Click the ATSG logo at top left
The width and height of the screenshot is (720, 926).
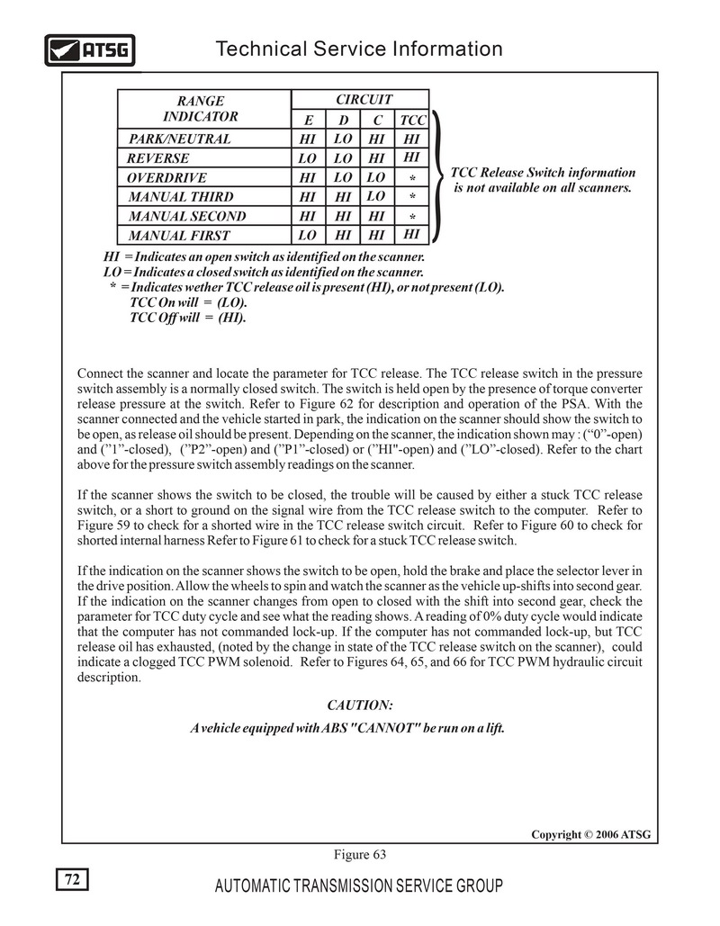[x=89, y=50]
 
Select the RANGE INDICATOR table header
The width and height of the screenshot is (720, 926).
[x=200, y=108]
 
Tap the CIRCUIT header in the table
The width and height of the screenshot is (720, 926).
[x=363, y=99]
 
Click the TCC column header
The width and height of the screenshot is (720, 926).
[x=412, y=120]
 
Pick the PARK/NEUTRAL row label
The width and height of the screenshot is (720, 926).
[x=179, y=139]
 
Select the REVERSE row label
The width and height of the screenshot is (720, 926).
[x=158, y=158]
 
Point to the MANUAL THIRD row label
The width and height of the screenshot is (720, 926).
[x=181, y=197]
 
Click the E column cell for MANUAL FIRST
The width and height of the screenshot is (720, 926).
[x=308, y=236]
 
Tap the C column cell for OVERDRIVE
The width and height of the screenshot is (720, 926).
[x=377, y=177]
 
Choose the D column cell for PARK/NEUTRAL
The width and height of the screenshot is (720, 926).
[x=342, y=139]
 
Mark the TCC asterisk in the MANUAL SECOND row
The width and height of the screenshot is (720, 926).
[x=412, y=217]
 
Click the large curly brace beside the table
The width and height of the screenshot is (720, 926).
[x=438, y=177]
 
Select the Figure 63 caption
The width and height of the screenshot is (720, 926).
[x=359, y=854]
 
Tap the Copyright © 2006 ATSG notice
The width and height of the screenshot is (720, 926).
[x=589, y=834]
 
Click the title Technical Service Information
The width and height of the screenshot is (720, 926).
[x=359, y=49]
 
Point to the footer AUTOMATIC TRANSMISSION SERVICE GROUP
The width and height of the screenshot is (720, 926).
[x=359, y=886]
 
